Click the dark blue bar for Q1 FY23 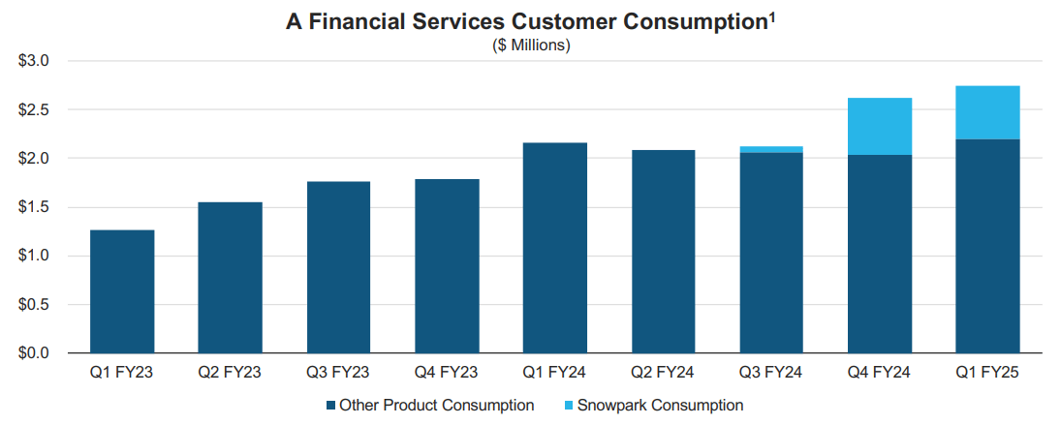click(x=122, y=290)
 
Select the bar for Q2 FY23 click(x=230, y=277)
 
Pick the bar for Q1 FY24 click(x=554, y=247)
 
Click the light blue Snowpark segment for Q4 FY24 click(x=879, y=126)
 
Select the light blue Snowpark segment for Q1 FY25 click(x=987, y=112)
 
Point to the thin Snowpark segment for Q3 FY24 click(x=770, y=149)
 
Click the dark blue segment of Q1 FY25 click(x=987, y=246)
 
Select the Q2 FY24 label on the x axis click(x=663, y=373)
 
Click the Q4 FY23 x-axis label click(x=446, y=373)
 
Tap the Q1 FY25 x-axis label click(x=987, y=373)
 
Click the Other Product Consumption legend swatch click(x=330, y=406)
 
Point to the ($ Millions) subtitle click(x=530, y=45)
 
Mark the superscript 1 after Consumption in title click(x=772, y=16)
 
